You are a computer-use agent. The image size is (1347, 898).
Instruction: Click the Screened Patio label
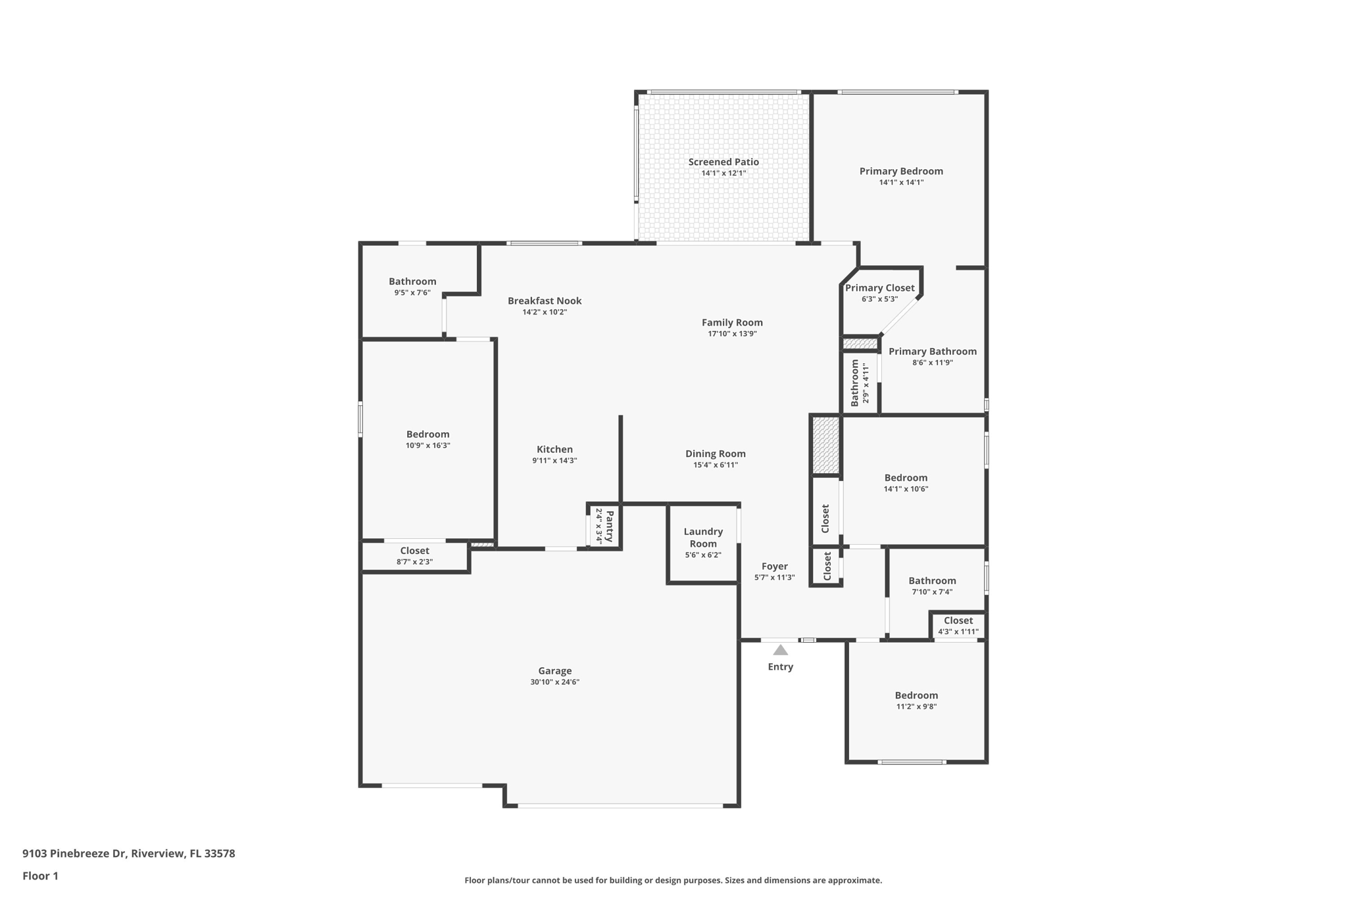point(723,162)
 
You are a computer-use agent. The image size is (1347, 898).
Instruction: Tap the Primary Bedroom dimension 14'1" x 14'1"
point(901,183)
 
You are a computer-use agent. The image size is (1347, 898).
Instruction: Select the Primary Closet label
point(879,288)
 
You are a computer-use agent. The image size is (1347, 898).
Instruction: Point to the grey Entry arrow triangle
point(780,650)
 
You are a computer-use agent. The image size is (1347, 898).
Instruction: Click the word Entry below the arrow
point(780,667)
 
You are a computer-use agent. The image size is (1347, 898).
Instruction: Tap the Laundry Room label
point(703,537)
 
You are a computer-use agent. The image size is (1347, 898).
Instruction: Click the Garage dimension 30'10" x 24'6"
point(554,682)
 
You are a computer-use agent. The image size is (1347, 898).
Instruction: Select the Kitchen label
point(554,449)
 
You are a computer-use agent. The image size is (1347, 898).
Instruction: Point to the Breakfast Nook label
point(545,301)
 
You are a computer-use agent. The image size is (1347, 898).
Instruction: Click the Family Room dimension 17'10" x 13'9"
point(732,334)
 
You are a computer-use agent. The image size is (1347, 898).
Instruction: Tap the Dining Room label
point(716,454)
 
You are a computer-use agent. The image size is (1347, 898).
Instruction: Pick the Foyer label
point(775,566)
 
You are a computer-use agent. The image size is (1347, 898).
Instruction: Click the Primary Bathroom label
point(933,352)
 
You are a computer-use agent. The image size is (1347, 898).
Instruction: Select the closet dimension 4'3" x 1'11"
point(958,632)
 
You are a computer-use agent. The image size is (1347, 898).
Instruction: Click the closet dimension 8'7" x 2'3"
point(414,562)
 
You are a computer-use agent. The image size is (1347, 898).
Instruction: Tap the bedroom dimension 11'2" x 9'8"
point(916,707)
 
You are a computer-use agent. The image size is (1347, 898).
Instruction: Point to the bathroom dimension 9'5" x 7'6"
point(412,293)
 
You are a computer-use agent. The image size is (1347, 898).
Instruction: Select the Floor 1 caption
point(40,876)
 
